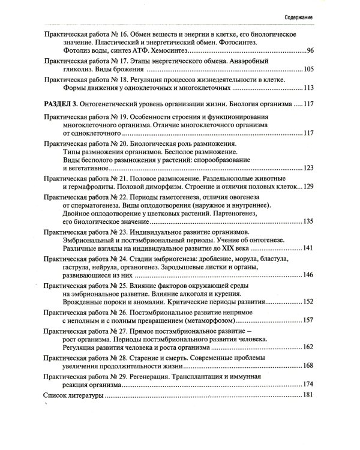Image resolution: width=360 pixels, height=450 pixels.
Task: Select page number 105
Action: point(308,70)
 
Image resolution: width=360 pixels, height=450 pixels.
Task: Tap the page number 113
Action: point(308,89)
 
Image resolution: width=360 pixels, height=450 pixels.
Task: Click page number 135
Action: point(308,222)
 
